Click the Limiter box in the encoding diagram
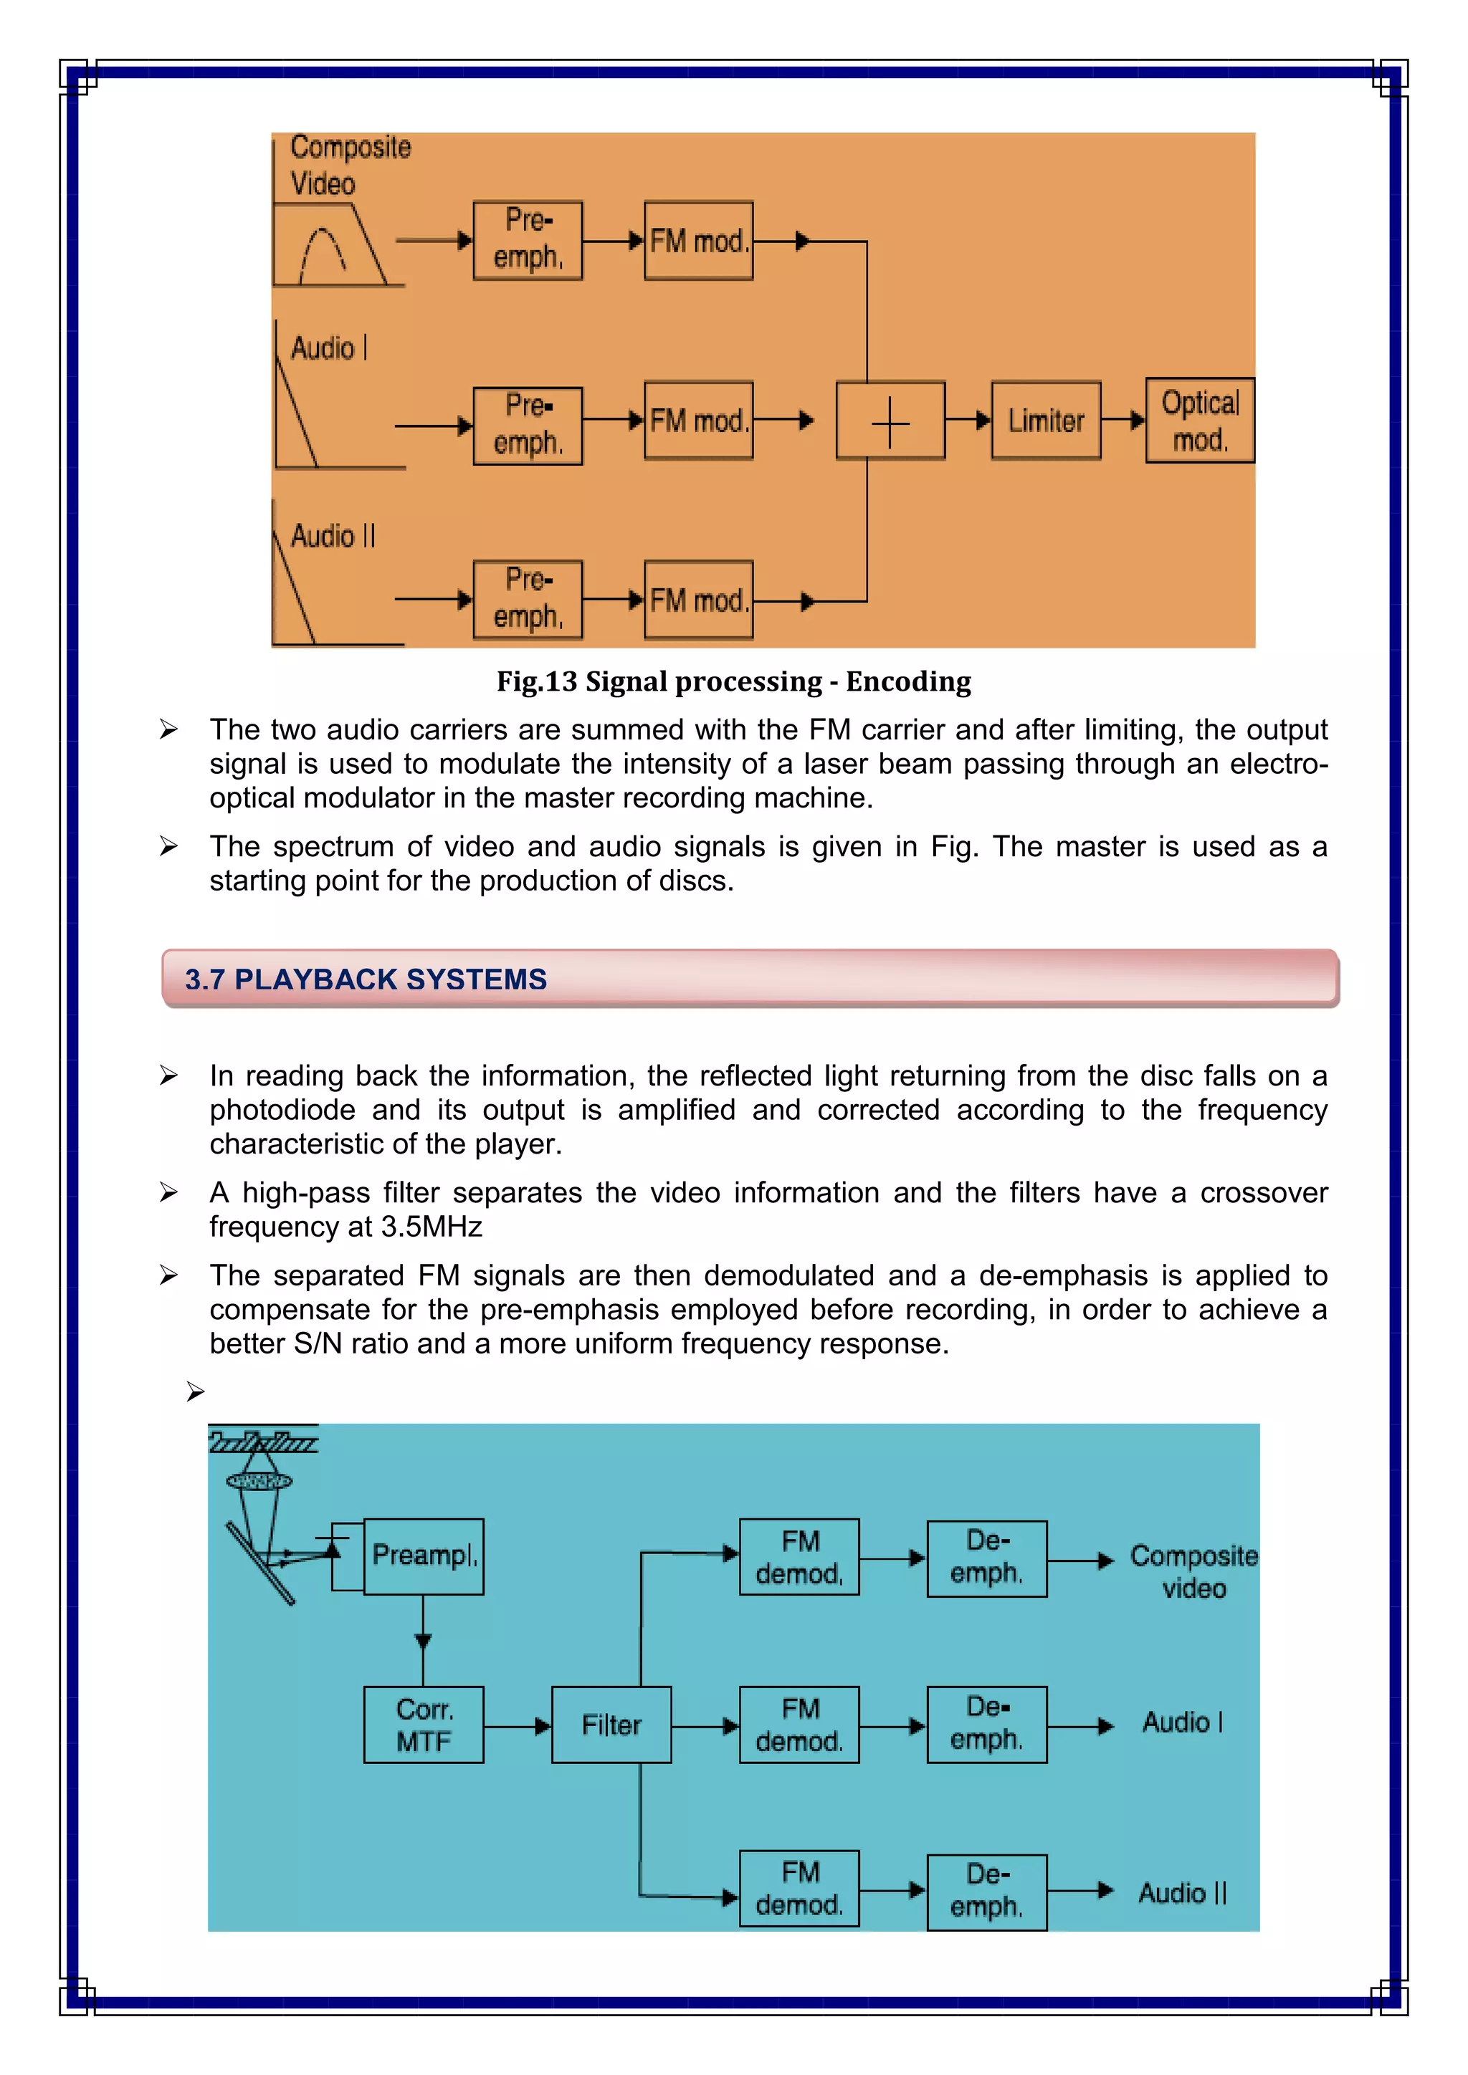point(1046,421)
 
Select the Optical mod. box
point(1199,421)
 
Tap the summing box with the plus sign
point(890,421)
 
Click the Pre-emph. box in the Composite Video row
point(528,241)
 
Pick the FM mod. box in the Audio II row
point(698,600)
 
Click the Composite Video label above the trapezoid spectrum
point(350,165)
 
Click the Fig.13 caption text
point(733,681)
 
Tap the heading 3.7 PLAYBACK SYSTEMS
point(366,979)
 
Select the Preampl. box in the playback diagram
point(423,1556)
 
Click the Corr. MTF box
point(423,1725)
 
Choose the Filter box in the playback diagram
point(611,1725)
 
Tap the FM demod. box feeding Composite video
point(799,1556)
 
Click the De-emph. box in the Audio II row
point(986,1892)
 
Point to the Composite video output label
point(1193,1571)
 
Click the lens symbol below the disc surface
point(259,1481)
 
